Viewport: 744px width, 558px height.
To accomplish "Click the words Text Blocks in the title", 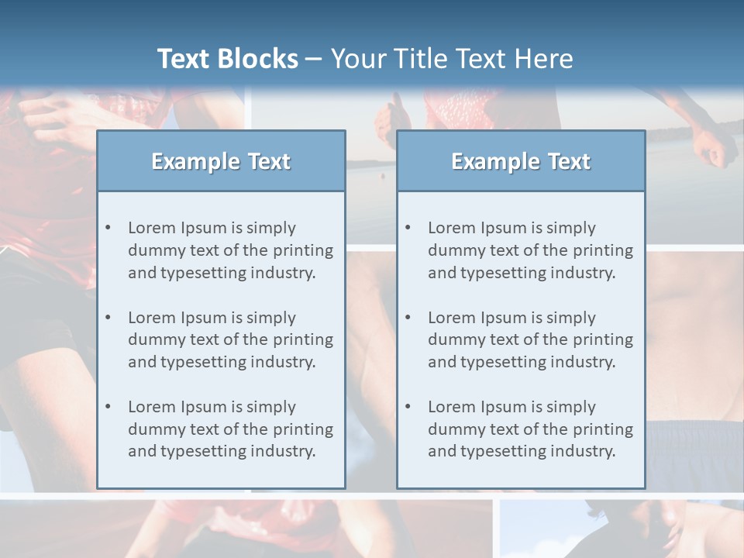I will [x=227, y=59].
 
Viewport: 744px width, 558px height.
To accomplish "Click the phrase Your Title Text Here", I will [x=452, y=59].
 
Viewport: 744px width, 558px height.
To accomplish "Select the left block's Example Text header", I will [x=221, y=161].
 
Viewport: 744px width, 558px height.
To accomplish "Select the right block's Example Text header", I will [x=521, y=161].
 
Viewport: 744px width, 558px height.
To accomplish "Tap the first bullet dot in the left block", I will [x=108, y=228].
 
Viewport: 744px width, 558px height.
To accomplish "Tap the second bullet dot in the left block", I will [x=108, y=318].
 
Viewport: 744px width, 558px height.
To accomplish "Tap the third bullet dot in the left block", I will [x=108, y=407].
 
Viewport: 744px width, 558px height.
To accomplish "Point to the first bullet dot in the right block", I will [x=408, y=228].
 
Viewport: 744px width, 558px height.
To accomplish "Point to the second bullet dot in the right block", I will [x=408, y=318].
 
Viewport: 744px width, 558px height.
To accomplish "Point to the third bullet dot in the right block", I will [x=408, y=407].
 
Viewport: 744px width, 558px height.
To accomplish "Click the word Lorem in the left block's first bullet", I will [x=152, y=228].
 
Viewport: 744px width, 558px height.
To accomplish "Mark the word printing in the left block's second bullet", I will [x=304, y=339].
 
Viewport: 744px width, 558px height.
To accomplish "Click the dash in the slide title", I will [x=314, y=60].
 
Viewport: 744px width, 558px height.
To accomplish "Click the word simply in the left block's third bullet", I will [x=270, y=407].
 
